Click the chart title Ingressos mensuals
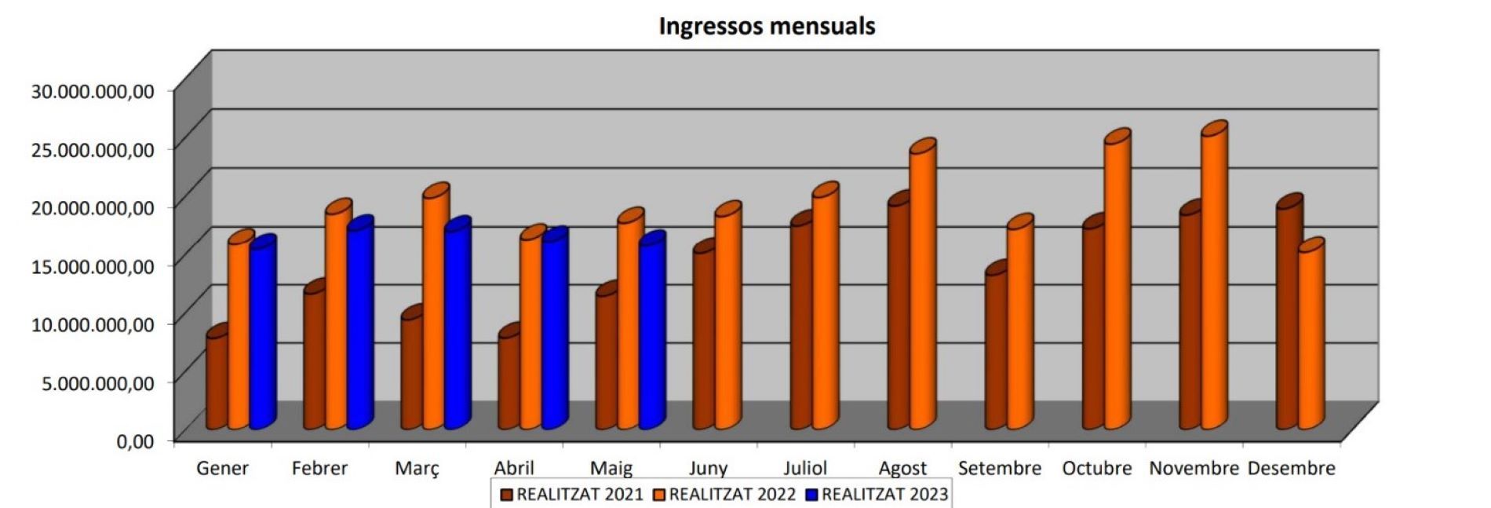(x=767, y=26)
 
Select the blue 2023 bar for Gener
(x=261, y=338)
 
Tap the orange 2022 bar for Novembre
(x=1212, y=283)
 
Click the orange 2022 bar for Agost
(x=921, y=291)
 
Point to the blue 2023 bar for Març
(x=456, y=330)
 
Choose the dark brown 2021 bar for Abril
(x=509, y=381)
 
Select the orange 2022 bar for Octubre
(x=1116, y=287)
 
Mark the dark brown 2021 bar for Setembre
(x=995, y=349)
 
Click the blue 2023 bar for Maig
(x=651, y=338)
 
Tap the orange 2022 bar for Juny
(x=727, y=322)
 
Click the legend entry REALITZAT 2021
(x=572, y=495)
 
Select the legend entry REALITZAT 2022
(x=725, y=495)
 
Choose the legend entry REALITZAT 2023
(x=878, y=495)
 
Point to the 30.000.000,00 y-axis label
(x=93, y=90)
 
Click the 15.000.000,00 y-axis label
(x=93, y=265)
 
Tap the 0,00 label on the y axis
(x=135, y=441)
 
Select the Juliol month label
(x=805, y=469)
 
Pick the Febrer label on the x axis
(x=319, y=469)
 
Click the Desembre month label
(x=1291, y=469)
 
